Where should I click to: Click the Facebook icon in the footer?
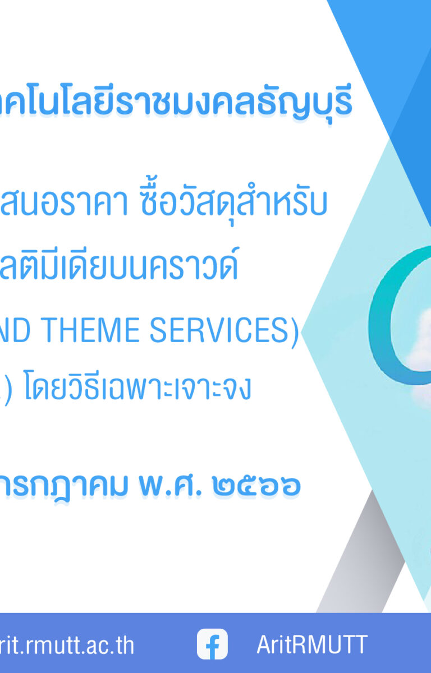212,644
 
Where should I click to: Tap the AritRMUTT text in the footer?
312,644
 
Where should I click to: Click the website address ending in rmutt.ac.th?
67,646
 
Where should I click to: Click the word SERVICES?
219,330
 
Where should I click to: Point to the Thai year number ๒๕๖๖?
256,486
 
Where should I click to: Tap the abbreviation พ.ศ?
170,485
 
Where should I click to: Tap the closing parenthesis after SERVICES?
295,332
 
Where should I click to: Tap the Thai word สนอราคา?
64,202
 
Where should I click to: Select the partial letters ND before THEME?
15,330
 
